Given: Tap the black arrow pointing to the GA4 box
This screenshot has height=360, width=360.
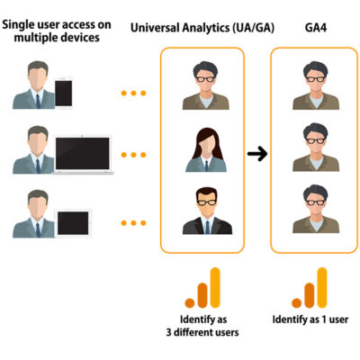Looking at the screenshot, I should pyautogui.click(x=257, y=154).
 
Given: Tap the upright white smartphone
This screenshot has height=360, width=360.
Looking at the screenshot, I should pyautogui.click(x=64, y=93).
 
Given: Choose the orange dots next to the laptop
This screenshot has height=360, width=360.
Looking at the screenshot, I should pyautogui.click(x=133, y=155).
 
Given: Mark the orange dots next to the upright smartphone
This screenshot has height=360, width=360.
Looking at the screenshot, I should pyautogui.click(x=133, y=92).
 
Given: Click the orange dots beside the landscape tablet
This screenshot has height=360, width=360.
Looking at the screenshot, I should pyautogui.click(x=133, y=221).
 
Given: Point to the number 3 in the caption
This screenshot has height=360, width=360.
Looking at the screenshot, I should pyautogui.click(x=169, y=330).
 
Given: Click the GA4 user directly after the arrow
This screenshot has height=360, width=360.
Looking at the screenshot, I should pyautogui.click(x=312, y=148).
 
